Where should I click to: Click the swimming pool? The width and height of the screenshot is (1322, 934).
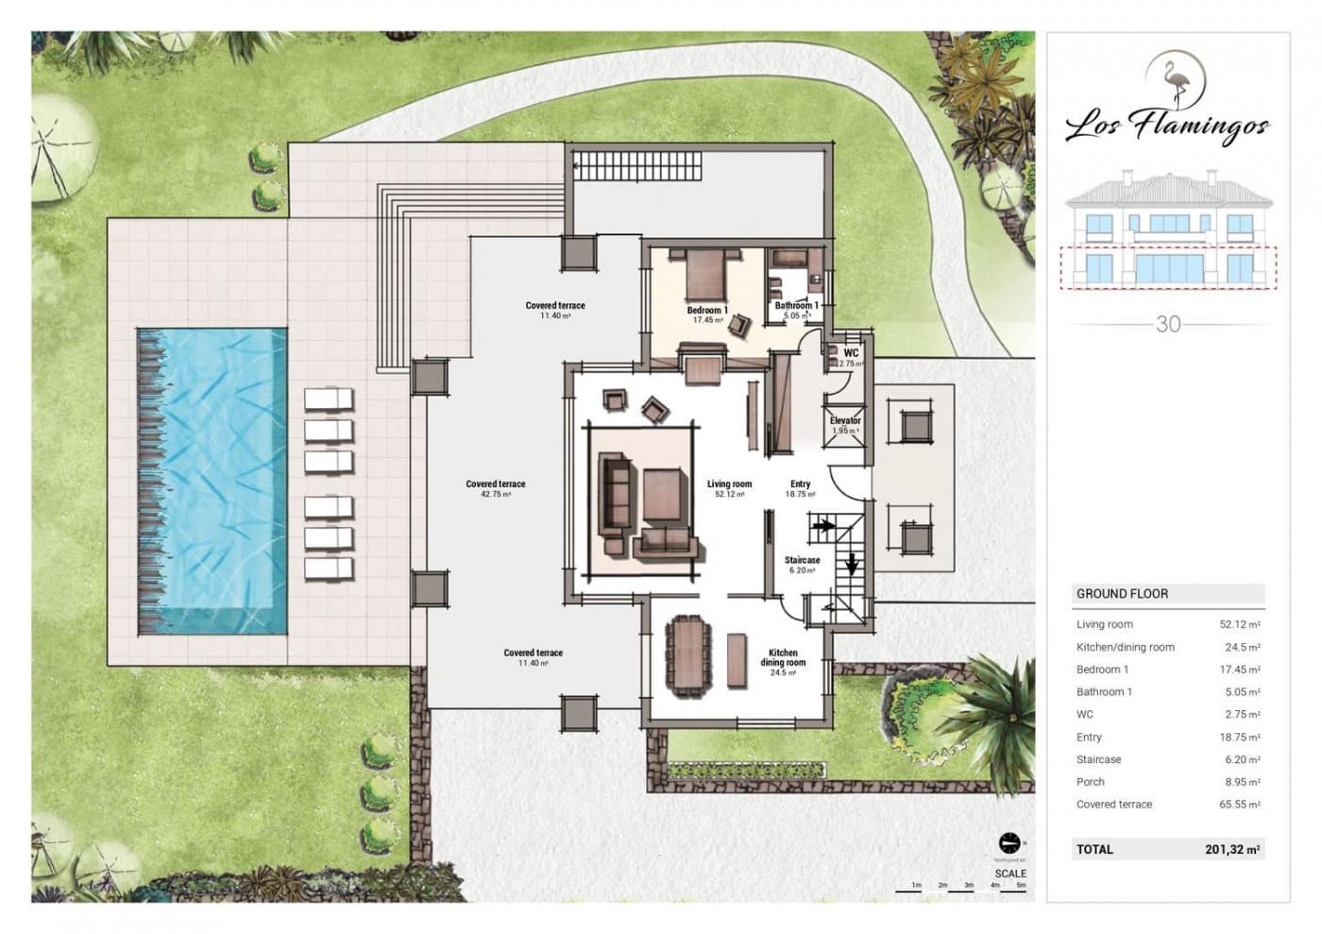click(x=212, y=480)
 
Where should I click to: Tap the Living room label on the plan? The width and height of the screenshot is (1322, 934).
click(x=729, y=484)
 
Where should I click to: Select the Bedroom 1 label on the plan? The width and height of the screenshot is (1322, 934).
click(x=706, y=311)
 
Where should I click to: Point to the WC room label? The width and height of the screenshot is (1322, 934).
click(x=851, y=353)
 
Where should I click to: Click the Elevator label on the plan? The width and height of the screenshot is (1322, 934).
click(x=845, y=421)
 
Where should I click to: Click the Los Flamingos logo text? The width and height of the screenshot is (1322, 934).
click(x=1167, y=127)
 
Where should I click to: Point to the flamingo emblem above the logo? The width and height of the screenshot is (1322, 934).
click(x=1176, y=80)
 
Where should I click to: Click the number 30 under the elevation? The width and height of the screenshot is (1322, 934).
click(x=1168, y=324)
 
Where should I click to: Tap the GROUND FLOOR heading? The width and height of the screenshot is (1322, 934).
click(x=1122, y=594)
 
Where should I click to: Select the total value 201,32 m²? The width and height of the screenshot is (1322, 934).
click(x=1231, y=850)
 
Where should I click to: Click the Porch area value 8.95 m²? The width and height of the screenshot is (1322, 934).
click(x=1239, y=782)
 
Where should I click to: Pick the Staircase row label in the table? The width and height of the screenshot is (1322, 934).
click(x=1098, y=759)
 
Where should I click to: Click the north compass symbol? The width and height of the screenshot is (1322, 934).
click(x=1009, y=842)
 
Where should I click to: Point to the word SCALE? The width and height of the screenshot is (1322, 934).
click(x=1009, y=874)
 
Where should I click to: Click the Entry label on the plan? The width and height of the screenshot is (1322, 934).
click(x=800, y=484)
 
